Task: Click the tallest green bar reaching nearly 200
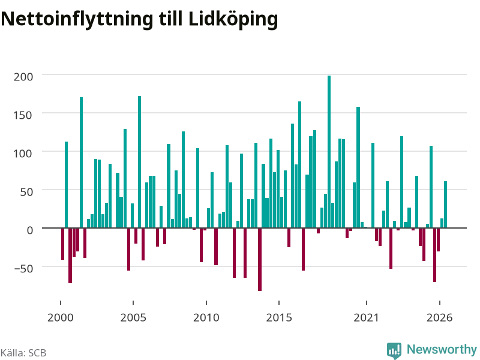coord(329,152)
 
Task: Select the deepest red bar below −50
coord(260,260)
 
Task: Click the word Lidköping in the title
coord(233,19)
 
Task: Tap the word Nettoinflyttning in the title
coord(77,19)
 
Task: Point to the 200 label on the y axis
coord(23,77)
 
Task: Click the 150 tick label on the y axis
coord(23,115)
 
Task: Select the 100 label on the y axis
coord(23,154)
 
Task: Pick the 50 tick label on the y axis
coord(26,192)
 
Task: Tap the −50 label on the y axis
coord(23,268)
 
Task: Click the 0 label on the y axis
coord(29,230)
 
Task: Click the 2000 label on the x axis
coord(61,317)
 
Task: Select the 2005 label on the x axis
coord(133,317)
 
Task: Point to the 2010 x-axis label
coord(206,317)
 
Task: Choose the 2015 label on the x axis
coord(279,317)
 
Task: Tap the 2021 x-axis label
coord(367,317)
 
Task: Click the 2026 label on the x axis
coord(440,317)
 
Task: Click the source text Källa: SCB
coord(23,353)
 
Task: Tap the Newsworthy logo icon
coord(394,350)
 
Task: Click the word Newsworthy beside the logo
coord(442,349)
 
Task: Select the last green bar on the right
coord(445,205)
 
